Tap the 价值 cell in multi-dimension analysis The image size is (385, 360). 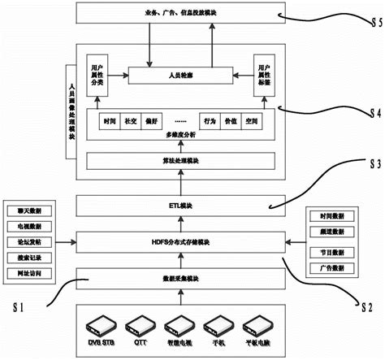click(231, 120)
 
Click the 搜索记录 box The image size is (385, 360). click(29, 257)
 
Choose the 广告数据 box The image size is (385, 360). click(330, 267)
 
